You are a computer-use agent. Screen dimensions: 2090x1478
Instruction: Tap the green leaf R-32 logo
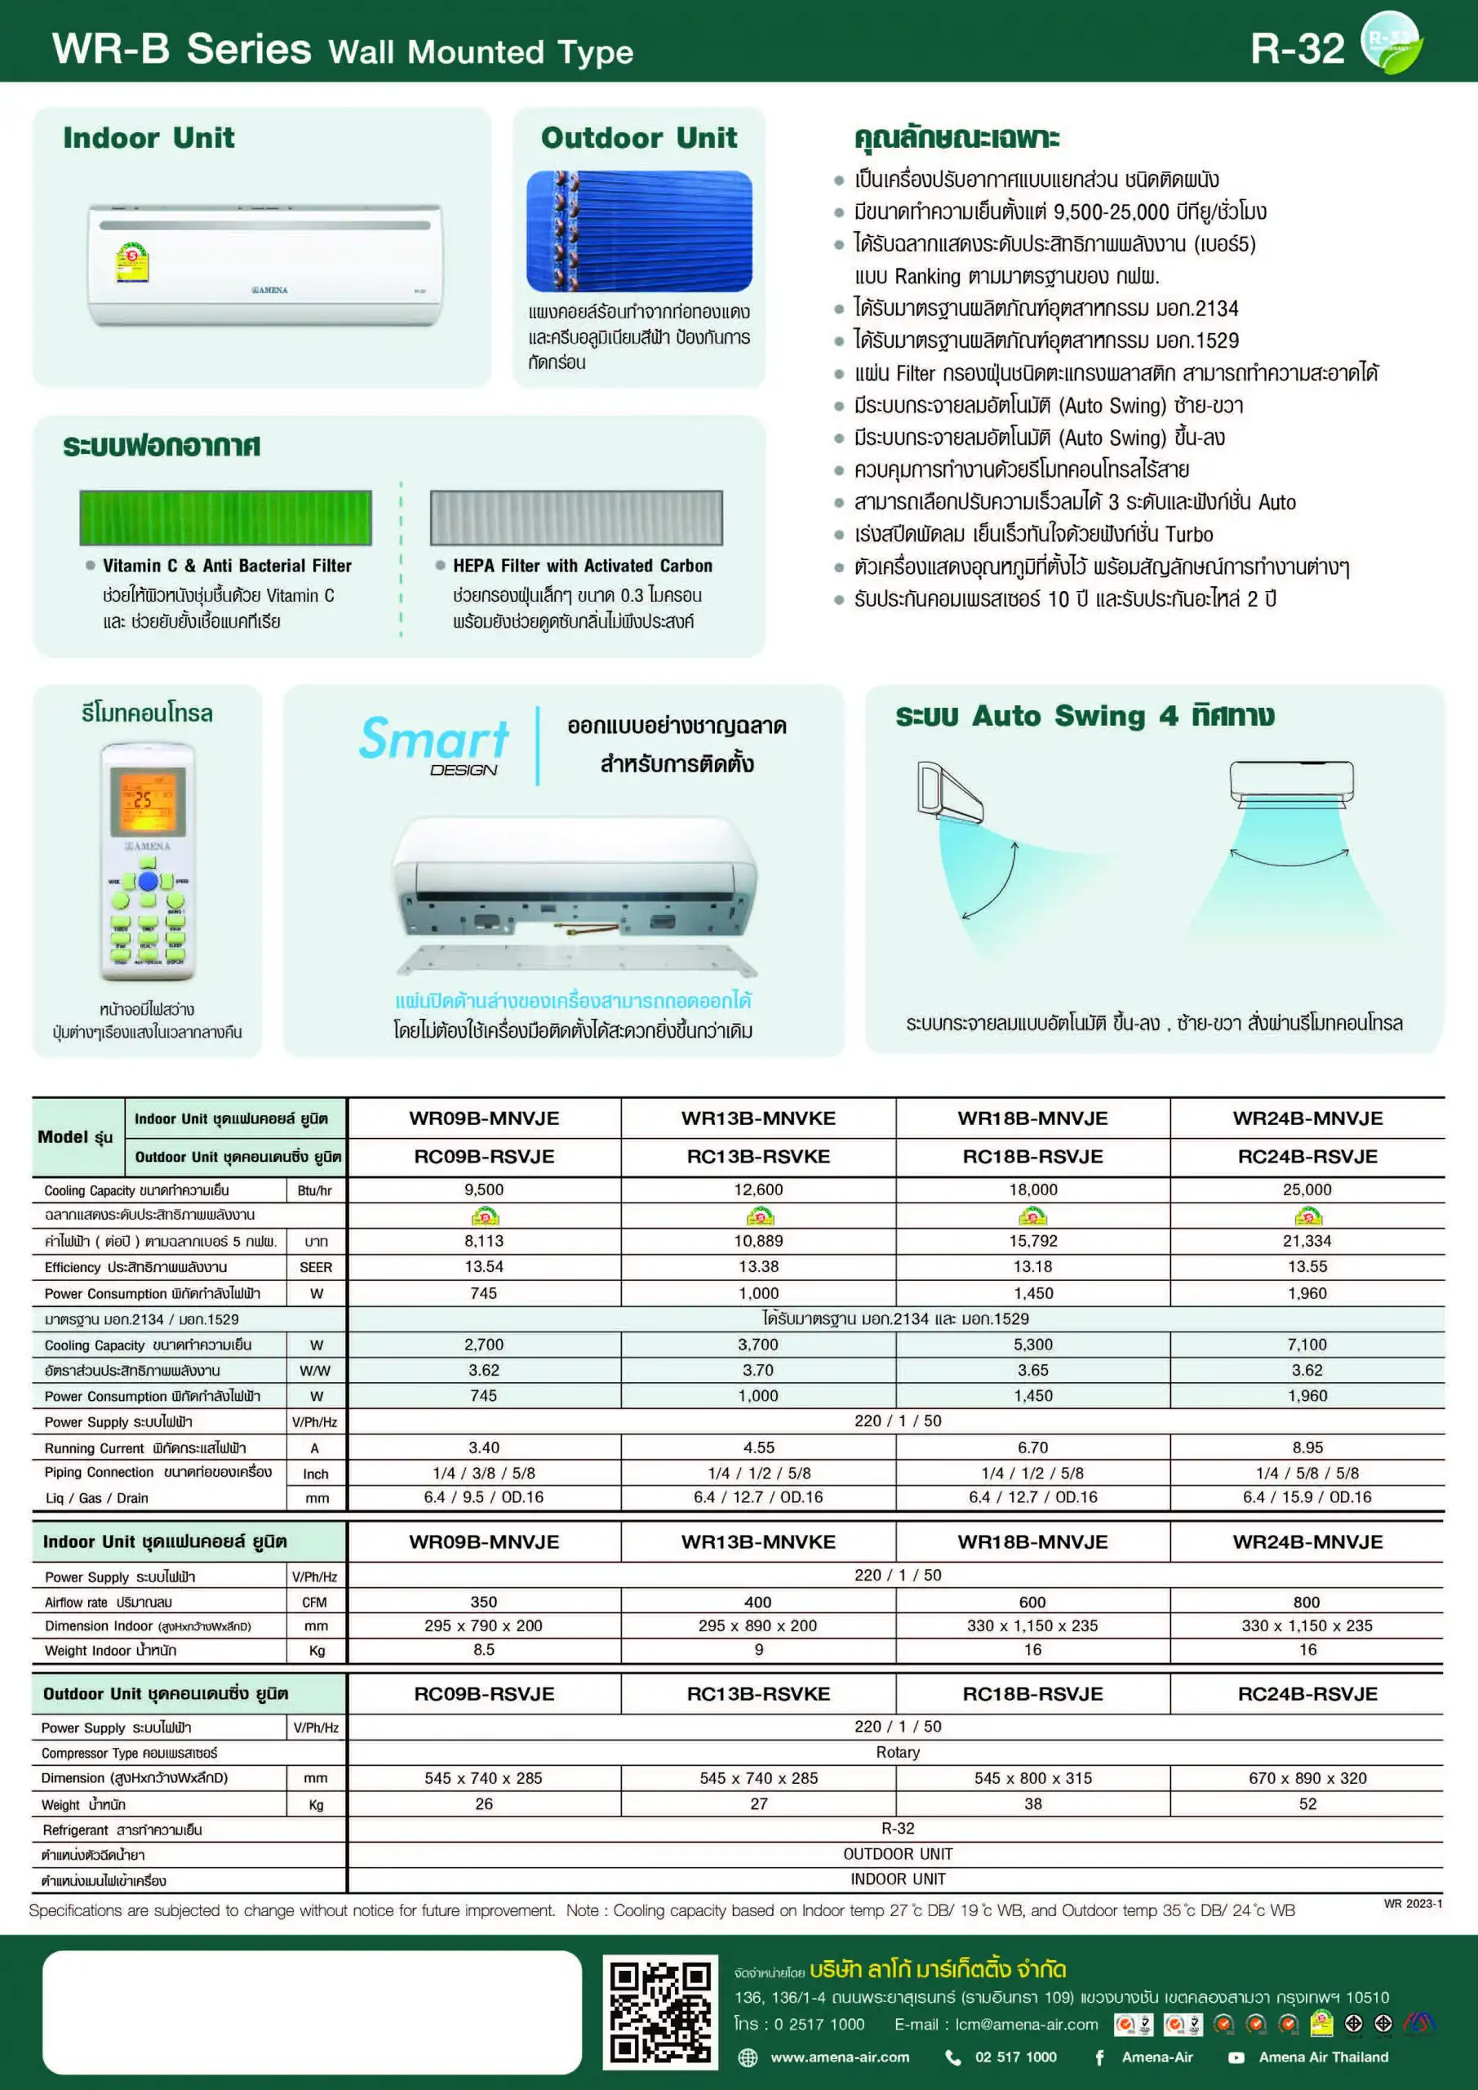[x=1390, y=42]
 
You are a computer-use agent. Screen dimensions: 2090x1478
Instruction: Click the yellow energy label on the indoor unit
[x=132, y=262]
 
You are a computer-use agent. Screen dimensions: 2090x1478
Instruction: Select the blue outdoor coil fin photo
[x=639, y=231]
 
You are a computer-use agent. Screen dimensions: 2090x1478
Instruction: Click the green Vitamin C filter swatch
[x=226, y=517]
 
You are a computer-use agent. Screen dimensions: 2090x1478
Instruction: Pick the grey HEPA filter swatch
[x=576, y=517]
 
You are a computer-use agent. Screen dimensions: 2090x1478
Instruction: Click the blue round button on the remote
[x=148, y=881]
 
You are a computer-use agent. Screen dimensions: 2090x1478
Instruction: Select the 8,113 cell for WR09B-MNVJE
[x=483, y=1241]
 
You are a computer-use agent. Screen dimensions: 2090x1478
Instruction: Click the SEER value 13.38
[x=758, y=1266]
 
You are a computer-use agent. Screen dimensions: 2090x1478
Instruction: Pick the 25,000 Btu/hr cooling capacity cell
[x=1307, y=1190]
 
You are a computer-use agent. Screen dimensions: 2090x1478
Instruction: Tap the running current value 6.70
[x=1033, y=1447]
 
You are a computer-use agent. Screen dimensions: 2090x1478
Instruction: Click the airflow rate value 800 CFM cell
[x=1307, y=1602]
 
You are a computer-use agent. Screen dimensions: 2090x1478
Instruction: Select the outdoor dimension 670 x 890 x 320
[x=1307, y=1778]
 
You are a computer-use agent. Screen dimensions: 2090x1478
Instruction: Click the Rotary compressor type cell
[x=898, y=1752]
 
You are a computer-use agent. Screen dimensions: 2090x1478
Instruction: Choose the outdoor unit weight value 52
[x=1307, y=1803]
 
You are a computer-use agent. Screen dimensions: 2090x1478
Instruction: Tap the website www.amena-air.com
[x=839, y=2057]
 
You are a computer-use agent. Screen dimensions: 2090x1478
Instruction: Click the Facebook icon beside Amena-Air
[x=1099, y=2057]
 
